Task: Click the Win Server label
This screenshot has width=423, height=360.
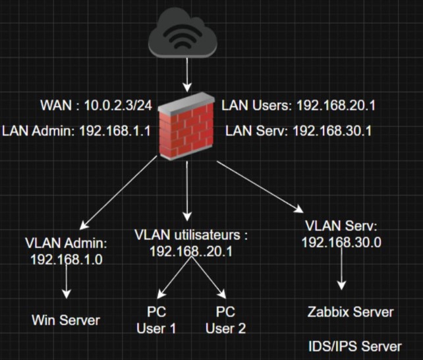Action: pos(66,320)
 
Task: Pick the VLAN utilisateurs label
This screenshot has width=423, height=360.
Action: pos(190,235)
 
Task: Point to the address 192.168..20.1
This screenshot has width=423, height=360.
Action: pos(190,251)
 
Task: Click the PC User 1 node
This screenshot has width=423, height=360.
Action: pos(156,319)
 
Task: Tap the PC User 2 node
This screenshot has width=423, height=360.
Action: pos(225,319)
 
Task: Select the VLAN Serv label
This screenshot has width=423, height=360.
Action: pos(341,226)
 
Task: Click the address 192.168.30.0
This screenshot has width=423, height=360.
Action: pos(341,242)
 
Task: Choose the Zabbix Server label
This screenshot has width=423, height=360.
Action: pos(351,312)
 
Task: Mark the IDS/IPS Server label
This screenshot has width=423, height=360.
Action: pos(355,346)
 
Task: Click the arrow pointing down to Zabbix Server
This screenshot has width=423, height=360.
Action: pos(341,274)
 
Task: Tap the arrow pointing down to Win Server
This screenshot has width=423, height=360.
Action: pos(67,283)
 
